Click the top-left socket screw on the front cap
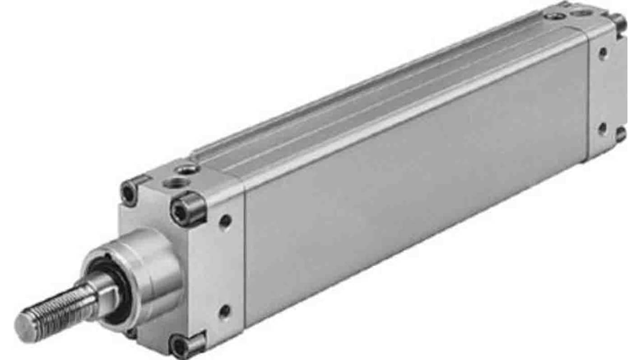[130, 194]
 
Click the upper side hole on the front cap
[225, 222]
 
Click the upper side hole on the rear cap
[603, 54]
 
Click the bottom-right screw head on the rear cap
[621, 134]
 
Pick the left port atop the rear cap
[553, 16]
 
